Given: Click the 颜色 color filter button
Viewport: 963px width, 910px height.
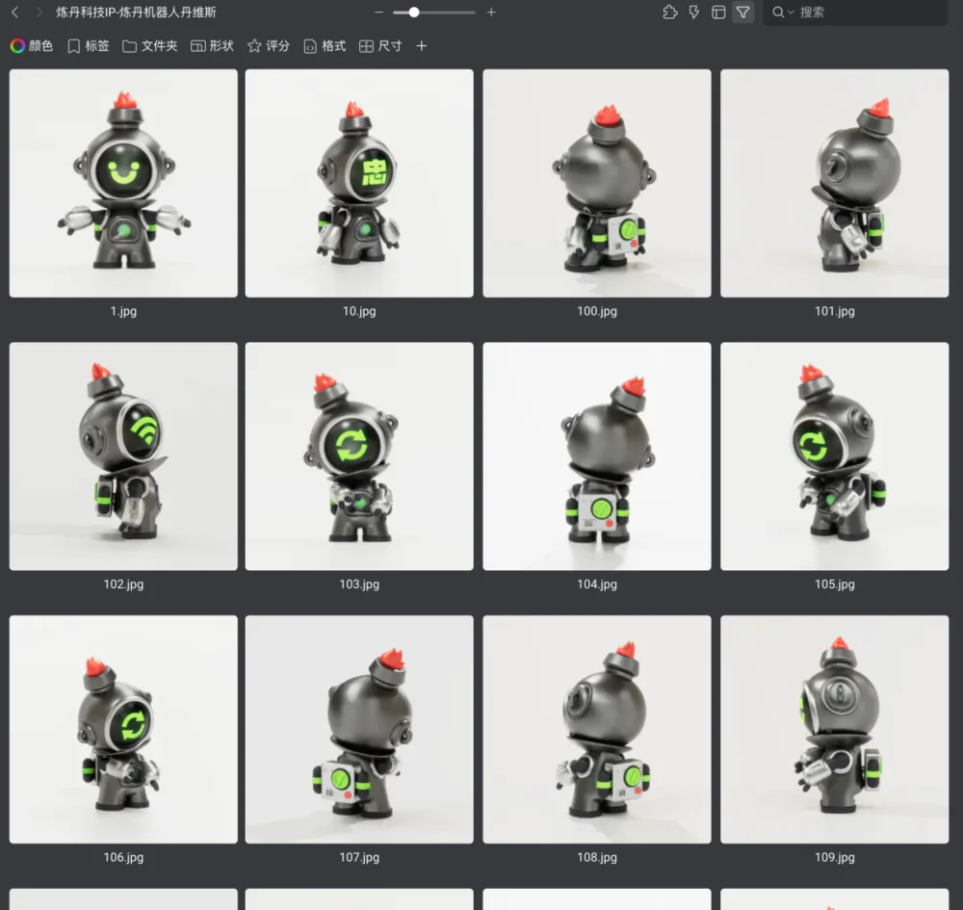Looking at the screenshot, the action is tap(32, 46).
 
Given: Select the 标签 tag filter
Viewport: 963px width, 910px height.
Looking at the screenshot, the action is tap(89, 46).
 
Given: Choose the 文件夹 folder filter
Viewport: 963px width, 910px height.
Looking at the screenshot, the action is tap(150, 46).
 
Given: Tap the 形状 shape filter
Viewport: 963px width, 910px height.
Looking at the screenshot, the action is tap(213, 46).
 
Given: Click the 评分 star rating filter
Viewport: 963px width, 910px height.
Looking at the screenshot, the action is tap(269, 46).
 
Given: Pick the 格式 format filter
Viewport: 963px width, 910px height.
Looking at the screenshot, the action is tap(325, 46).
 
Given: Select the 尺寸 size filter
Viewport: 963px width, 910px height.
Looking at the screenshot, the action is tap(380, 46).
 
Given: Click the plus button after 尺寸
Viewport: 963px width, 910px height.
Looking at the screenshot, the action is tap(422, 46).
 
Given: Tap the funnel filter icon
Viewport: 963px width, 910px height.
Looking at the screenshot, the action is tap(742, 13).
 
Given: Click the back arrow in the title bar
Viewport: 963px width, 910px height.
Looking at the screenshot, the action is tap(15, 13).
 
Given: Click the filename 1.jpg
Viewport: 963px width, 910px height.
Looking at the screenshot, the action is tap(123, 311).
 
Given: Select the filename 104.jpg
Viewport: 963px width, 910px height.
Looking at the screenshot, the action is tap(597, 584).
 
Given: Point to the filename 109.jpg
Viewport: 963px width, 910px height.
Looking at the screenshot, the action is tap(835, 857).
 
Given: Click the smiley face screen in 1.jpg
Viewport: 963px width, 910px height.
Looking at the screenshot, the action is tap(123, 170).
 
